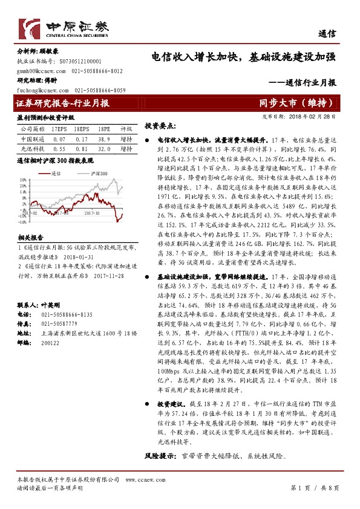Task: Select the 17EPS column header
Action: pos(59,129)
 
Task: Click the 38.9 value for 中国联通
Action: pos(104,138)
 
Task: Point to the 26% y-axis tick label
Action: pos(22,180)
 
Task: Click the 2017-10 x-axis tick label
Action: pos(92,212)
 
